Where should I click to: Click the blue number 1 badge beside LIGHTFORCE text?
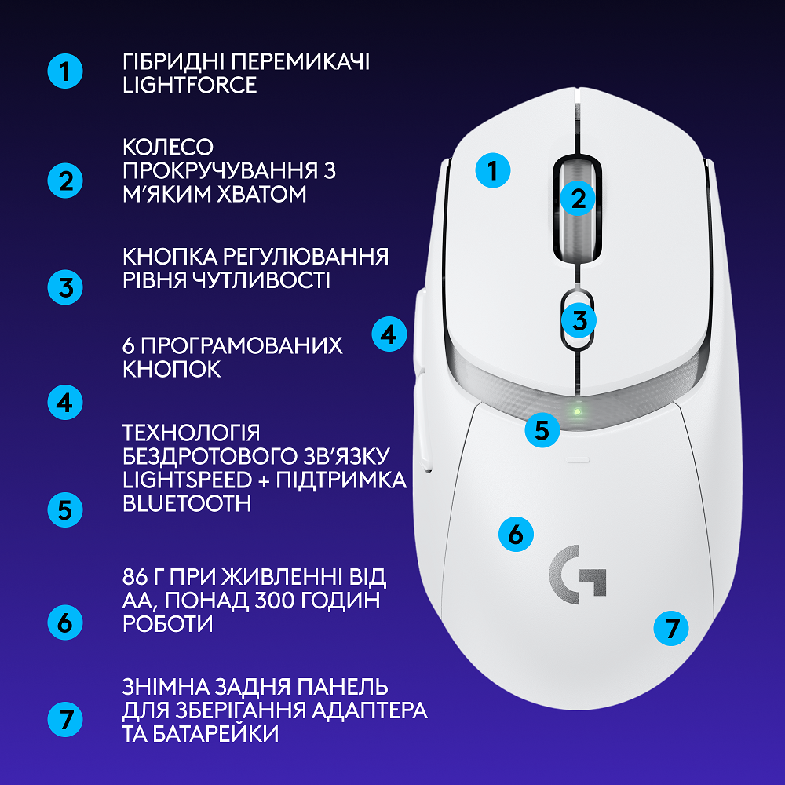coord(64,72)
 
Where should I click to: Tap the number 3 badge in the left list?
coord(64,287)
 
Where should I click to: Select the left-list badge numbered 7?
coord(64,719)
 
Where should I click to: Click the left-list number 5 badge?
coord(64,510)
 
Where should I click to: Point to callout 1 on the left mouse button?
coord(493,170)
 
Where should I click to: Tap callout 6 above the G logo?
coord(516,535)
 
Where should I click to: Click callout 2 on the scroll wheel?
coord(579,199)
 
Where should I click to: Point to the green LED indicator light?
coord(578,411)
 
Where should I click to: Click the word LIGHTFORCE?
coord(190,86)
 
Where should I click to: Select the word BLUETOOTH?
coord(187,503)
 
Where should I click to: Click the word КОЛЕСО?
coord(169,147)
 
